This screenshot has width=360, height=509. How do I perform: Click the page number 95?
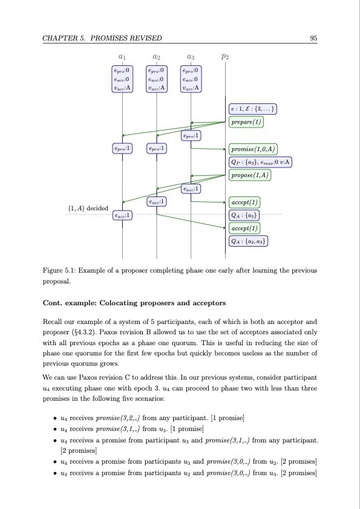[x=313, y=39]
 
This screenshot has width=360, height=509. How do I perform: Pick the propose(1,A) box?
[x=250, y=175]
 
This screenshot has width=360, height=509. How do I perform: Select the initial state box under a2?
[x=157, y=79]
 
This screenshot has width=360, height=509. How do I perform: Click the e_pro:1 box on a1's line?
[x=122, y=148]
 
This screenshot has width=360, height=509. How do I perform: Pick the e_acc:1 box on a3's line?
[x=191, y=189]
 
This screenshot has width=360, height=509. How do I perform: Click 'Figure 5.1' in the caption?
[x=60, y=270]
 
